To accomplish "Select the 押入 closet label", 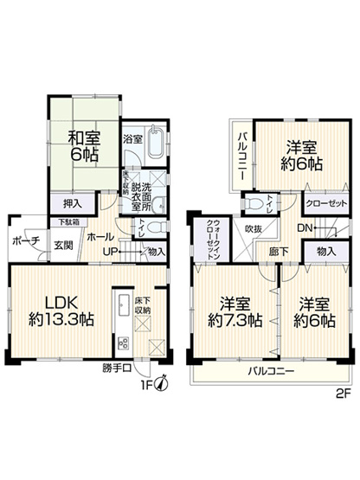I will coord(74,204).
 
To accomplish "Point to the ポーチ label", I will coord(25,240).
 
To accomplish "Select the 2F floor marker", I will coord(342,388).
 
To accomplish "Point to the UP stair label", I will coord(111,251).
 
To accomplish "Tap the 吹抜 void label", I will coord(253,229).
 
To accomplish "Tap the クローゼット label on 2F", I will coord(326,202).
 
